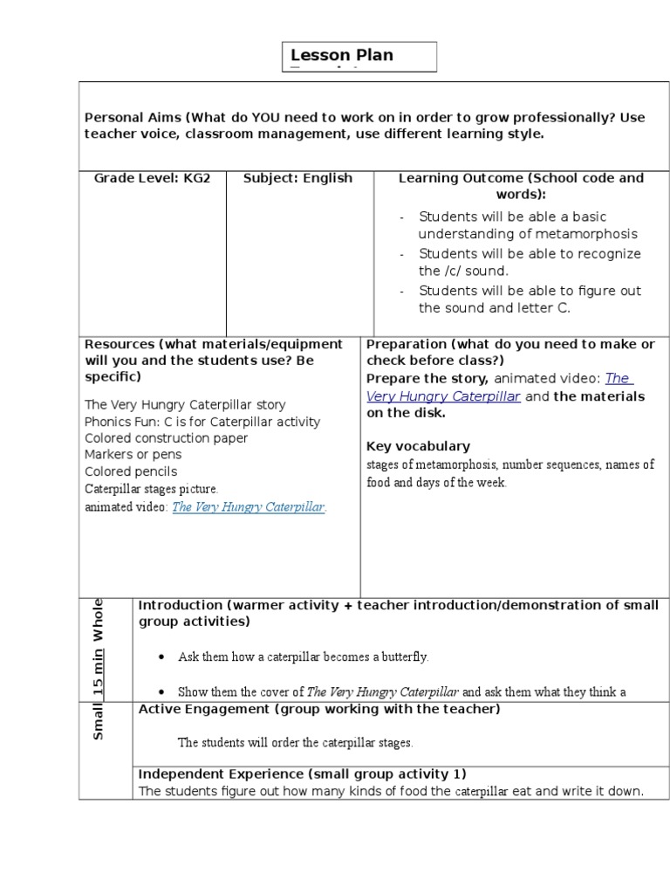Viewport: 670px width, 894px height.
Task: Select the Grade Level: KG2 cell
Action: point(153,178)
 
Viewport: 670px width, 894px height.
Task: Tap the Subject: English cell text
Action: point(297,178)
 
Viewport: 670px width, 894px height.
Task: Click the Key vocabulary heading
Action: point(418,446)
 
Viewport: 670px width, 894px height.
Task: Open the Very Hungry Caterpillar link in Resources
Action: point(249,507)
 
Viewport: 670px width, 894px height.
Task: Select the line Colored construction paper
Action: point(166,438)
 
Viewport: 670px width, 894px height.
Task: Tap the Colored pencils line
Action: point(131,471)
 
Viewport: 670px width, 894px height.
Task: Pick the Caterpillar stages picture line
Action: point(151,489)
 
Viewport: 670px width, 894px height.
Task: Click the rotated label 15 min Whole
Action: point(99,647)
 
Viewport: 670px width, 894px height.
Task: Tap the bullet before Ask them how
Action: point(163,657)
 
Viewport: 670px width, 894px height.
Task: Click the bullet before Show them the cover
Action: point(163,692)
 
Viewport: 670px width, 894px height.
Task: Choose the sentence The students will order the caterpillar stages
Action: point(295,743)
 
